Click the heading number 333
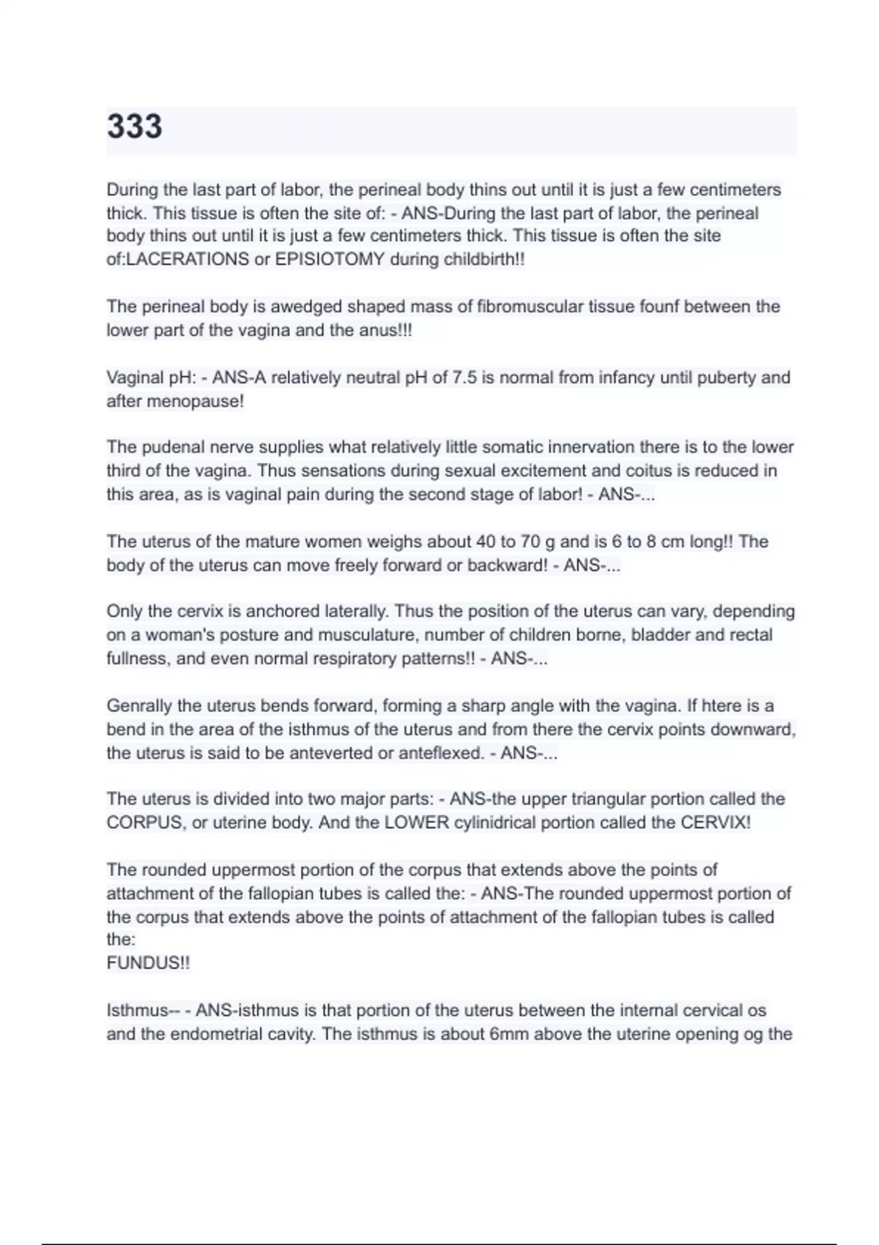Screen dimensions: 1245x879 (x=135, y=126)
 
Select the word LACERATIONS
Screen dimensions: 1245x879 (x=188, y=259)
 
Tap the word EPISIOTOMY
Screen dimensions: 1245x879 (x=330, y=259)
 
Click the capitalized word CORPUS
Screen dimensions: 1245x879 (x=144, y=822)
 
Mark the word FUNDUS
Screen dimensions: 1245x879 (x=144, y=963)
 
